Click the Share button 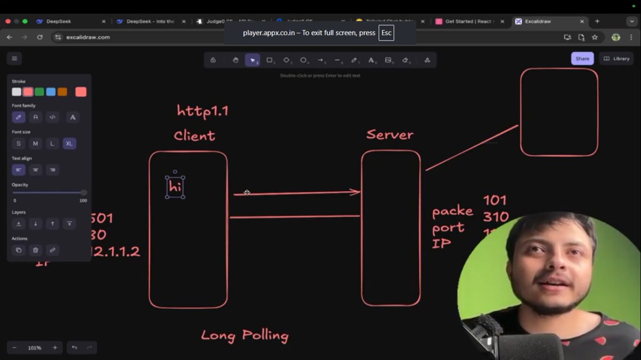(582, 59)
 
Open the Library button (616, 59)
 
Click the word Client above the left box (194, 136)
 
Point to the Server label (389, 135)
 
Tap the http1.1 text (202, 111)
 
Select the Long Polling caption (245, 335)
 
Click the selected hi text (175, 187)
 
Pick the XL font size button (69, 143)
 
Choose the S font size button (19, 143)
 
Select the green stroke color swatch (40, 92)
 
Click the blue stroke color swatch (51, 92)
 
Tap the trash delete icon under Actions (35, 250)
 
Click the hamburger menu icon (14, 59)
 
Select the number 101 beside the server (495, 201)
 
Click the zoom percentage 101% (35, 348)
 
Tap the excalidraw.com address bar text (88, 37)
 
